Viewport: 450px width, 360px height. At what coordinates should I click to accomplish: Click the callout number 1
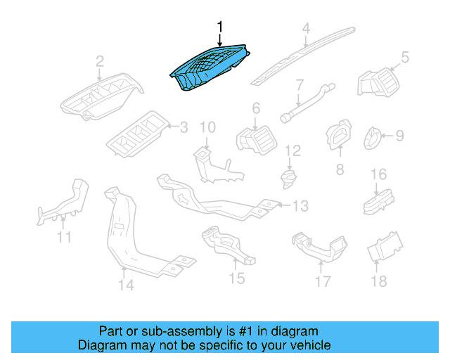tap(220, 27)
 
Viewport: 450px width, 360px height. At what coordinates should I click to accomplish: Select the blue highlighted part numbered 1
tap(210, 68)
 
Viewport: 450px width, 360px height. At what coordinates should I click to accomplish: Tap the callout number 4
tap(306, 28)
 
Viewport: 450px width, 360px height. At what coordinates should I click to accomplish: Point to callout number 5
tap(405, 56)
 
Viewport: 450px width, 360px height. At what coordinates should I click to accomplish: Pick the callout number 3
tap(184, 127)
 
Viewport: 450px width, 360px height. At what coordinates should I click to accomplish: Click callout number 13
tap(300, 205)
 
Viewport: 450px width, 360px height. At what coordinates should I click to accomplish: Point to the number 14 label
tap(125, 285)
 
